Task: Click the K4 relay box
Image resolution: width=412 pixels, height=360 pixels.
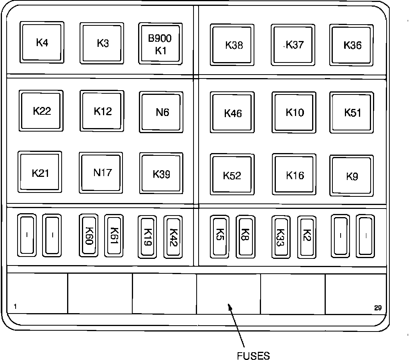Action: coord(42,42)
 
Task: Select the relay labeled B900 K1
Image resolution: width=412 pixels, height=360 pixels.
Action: coord(160,44)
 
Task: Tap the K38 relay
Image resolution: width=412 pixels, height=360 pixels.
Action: coord(233,45)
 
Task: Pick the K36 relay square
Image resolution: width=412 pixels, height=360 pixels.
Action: coord(352,45)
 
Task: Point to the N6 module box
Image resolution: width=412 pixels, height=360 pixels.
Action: coord(162,112)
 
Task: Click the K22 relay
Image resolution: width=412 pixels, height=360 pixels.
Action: coord(41,111)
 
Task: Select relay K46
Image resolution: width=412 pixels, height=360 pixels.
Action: coord(233,113)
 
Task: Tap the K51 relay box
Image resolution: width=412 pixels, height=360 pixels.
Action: coord(352,113)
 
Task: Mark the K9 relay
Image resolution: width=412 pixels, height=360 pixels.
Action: coord(352,176)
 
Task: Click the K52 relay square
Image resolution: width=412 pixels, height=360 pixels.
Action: coord(233,175)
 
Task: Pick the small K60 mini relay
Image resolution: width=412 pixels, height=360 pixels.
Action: coord(89,235)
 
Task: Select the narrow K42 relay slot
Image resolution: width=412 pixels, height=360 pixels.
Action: coord(173,237)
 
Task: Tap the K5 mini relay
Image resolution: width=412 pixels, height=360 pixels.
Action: coord(220,237)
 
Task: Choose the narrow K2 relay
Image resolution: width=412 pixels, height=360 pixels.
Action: coord(307,237)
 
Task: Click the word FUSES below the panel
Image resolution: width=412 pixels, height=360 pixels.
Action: coord(253,355)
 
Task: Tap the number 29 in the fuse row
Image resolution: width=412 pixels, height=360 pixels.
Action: coord(377,308)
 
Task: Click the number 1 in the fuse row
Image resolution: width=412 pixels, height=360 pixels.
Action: coord(15,307)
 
